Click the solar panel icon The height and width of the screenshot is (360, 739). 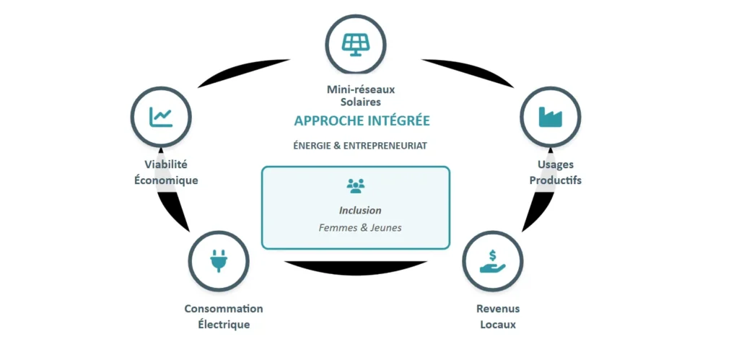(356, 44)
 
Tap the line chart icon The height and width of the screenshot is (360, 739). (161, 116)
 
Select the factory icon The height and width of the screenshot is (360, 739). (550, 116)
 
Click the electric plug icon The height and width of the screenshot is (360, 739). (218, 260)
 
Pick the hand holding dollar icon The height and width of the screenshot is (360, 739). (492, 260)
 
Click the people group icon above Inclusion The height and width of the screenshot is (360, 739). (355, 186)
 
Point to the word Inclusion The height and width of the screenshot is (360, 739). (360, 211)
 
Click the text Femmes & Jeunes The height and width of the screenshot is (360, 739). (360, 227)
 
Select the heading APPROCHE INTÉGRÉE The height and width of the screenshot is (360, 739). (362, 120)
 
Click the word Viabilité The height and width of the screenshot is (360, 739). (165, 164)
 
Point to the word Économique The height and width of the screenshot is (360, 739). (165, 180)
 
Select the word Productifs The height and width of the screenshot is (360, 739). (555, 180)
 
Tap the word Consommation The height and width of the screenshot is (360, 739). (224, 309)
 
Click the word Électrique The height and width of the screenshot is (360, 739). (224, 324)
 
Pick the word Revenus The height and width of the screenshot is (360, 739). (498, 309)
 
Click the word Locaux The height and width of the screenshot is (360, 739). (498, 324)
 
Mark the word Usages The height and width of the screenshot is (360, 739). (555, 164)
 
